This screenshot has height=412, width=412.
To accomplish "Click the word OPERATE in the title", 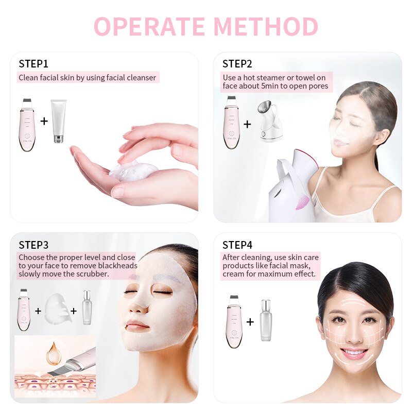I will click(150, 26).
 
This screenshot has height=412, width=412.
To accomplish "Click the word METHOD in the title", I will click(266, 26).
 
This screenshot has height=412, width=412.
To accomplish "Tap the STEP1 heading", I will click(33, 64).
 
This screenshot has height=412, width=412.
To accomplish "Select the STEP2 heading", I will click(237, 64).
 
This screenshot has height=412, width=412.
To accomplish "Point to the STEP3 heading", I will click(33, 245).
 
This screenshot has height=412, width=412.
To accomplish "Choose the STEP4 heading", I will click(237, 245).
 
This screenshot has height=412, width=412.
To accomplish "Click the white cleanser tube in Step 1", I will click(59, 122).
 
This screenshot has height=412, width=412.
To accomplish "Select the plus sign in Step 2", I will click(248, 124).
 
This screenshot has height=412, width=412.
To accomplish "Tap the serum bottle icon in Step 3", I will click(87, 308).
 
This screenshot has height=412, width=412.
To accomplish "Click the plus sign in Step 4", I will click(250, 322).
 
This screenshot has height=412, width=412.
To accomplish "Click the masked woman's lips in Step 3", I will click(138, 325).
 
